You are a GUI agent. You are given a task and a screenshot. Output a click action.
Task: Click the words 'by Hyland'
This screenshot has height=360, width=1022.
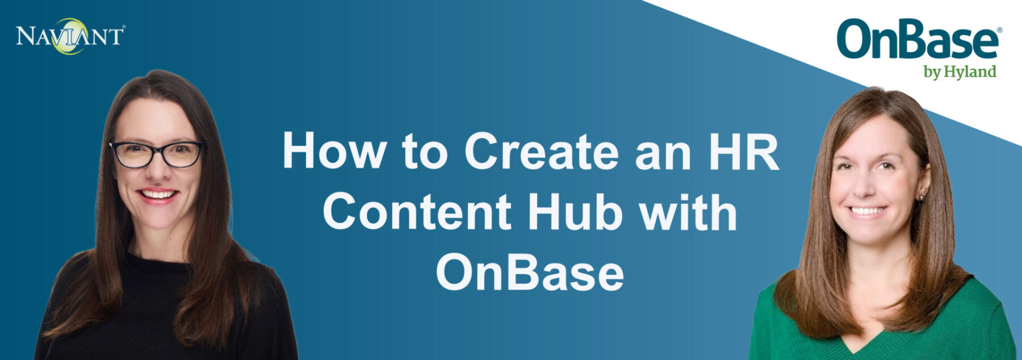pyautogui.click(x=960, y=72)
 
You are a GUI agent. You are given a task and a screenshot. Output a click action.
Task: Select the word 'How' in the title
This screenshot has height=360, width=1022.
pyautogui.click(x=334, y=150)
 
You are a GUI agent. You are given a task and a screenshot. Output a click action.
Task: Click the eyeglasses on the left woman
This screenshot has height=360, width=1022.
pyautogui.click(x=157, y=154)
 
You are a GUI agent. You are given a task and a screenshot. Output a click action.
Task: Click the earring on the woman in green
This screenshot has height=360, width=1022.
pyautogui.click(x=920, y=198)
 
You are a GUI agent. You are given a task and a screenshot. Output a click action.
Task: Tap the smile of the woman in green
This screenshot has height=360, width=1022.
pyautogui.click(x=867, y=211)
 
